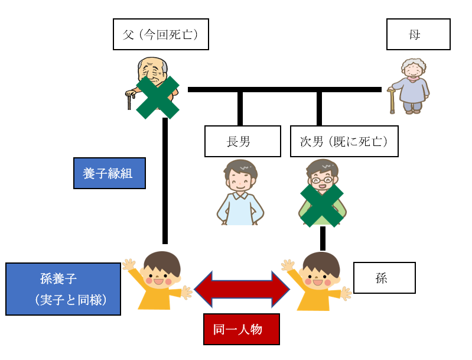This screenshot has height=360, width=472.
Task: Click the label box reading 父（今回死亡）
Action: click(x=161, y=34)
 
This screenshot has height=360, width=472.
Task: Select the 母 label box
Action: click(x=418, y=34)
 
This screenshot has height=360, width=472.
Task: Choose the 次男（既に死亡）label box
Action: click(x=344, y=141)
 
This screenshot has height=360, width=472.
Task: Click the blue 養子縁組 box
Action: click(x=109, y=173)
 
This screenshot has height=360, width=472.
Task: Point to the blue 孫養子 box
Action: click(x=63, y=289)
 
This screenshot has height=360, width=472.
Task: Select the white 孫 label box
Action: click(x=384, y=277)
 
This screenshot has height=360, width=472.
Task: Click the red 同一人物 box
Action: click(x=241, y=329)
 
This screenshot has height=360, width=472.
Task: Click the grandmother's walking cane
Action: click(x=391, y=100)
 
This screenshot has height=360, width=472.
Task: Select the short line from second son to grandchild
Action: click(x=323, y=238)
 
